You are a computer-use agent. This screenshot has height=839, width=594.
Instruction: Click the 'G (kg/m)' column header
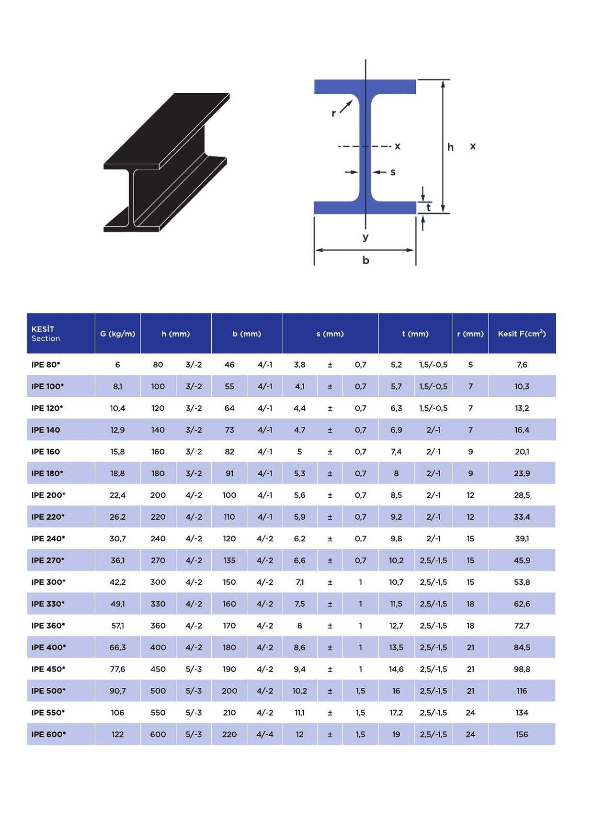tap(117, 334)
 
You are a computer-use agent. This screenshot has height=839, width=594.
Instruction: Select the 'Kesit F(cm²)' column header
tap(522, 333)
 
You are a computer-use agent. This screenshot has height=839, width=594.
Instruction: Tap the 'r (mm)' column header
tap(470, 334)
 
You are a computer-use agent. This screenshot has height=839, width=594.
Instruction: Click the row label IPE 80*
tap(46, 365)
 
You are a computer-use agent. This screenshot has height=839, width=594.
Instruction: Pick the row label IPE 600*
tap(48, 734)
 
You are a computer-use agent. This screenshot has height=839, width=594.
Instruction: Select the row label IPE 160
tap(46, 452)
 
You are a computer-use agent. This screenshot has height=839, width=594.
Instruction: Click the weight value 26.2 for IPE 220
tap(117, 517)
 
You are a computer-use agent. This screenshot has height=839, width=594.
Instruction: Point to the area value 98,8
tap(522, 669)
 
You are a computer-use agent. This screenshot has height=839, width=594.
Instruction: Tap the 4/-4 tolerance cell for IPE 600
tap(265, 734)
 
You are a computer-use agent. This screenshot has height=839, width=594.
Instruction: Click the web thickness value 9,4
tap(299, 669)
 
